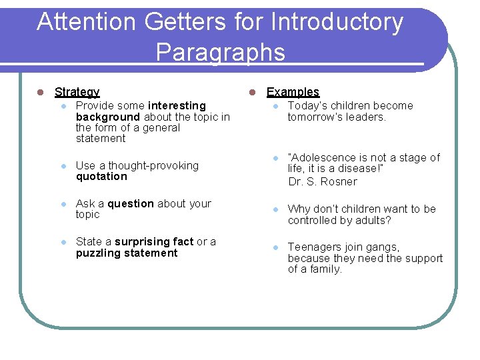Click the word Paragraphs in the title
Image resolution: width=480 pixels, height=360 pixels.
tap(221, 52)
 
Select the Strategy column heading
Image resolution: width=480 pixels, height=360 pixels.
tap(77, 92)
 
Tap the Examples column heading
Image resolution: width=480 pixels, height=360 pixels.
tap(293, 92)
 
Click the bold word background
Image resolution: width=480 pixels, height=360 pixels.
tap(109, 117)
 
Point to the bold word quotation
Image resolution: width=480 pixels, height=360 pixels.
tap(101, 177)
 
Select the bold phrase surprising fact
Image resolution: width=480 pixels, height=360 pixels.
tap(154, 241)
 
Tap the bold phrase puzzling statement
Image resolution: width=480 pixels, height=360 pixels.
tap(127, 253)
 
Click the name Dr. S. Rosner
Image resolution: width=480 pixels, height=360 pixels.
tap(323, 181)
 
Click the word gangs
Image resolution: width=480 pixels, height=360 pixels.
tap(383, 247)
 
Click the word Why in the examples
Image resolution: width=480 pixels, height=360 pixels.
tap(298, 209)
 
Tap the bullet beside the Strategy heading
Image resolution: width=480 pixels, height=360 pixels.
tap(40, 92)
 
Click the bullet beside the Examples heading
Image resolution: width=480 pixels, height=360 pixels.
tap(253, 92)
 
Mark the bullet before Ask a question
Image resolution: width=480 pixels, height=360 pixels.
tap(62, 204)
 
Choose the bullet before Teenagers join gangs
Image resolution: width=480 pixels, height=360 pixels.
tap(274, 247)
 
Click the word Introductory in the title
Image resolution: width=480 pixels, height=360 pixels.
tap(337, 22)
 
